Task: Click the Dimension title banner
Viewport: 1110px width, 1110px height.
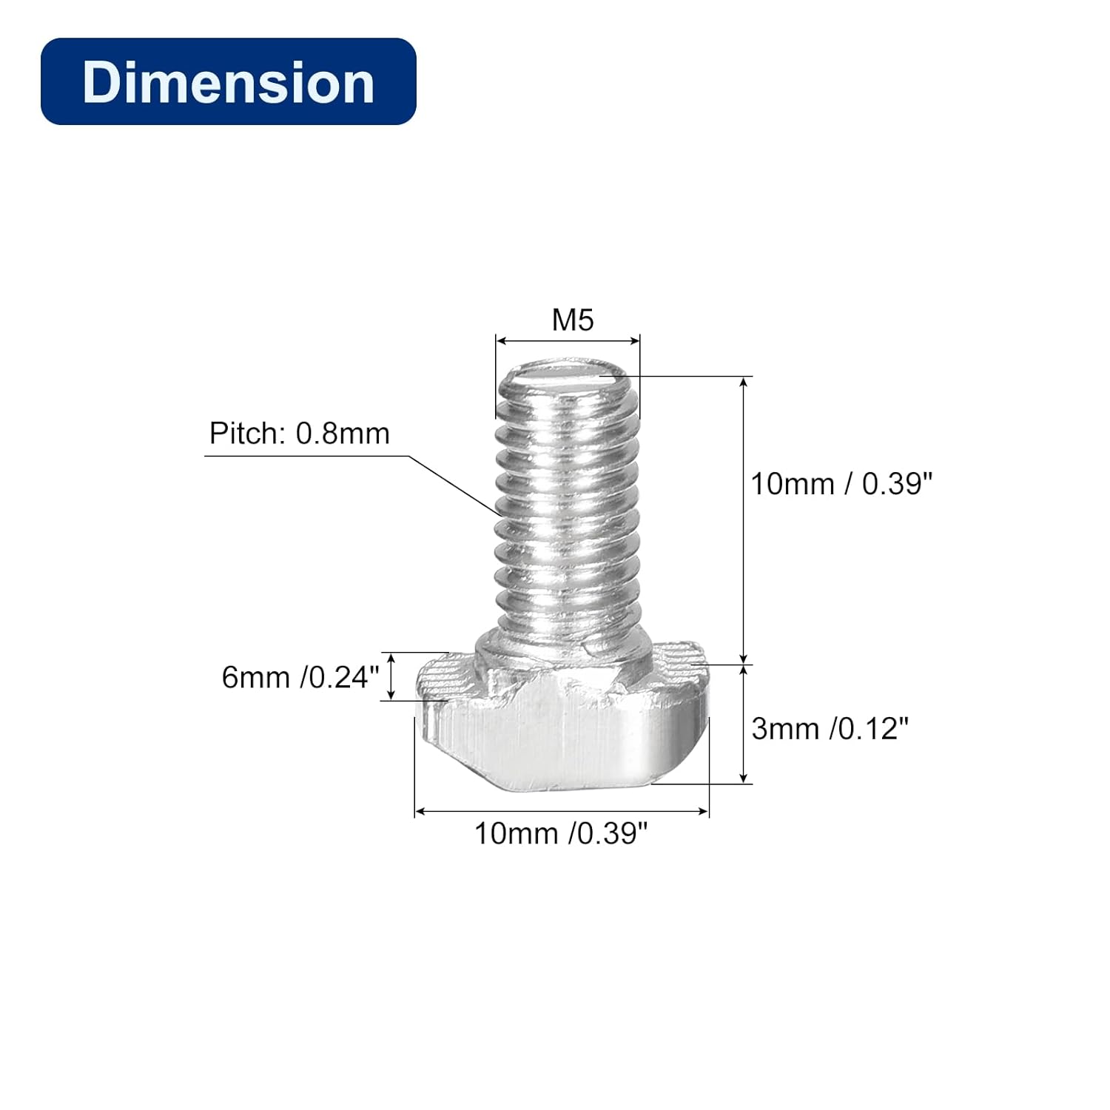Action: pos(228,81)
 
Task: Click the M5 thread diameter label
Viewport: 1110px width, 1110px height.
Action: pos(573,320)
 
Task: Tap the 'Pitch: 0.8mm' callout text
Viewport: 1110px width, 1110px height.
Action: pos(299,434)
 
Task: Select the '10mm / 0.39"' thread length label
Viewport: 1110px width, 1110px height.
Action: pos(841,484)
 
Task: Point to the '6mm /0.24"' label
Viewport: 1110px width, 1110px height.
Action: pos(300,677)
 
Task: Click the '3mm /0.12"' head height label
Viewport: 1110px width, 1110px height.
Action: pos(830,729)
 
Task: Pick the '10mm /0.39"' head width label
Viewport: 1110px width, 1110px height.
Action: pos(561,833)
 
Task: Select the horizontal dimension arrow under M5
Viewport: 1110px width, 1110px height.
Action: pos(568,340)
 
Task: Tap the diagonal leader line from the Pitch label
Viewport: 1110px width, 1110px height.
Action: pos(455,485)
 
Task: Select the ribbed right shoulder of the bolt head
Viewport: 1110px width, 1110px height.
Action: pos(677,662)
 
